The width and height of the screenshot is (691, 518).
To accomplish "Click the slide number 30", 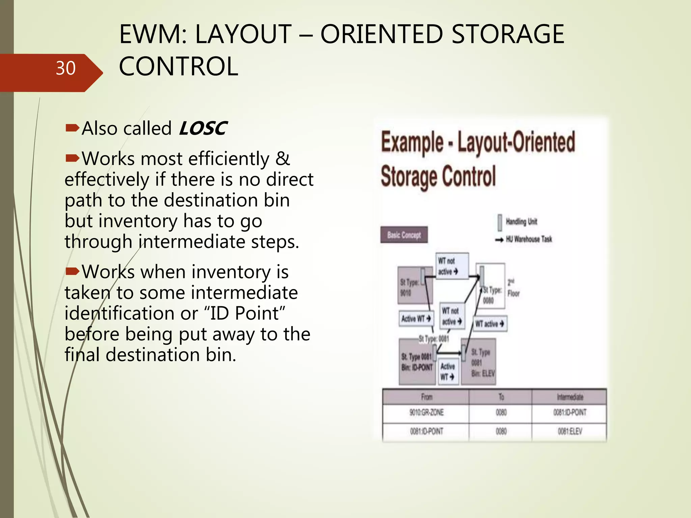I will [x=65, y=68].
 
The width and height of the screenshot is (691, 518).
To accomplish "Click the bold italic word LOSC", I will [x=203, y=128].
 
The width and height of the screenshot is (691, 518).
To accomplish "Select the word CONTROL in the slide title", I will [x=178, y=66].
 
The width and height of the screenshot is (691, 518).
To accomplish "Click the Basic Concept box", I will [x=404, y=235].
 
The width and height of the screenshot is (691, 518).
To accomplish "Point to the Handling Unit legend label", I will [x=521, y=222].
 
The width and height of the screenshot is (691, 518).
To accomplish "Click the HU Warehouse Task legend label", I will [x=529, y=239].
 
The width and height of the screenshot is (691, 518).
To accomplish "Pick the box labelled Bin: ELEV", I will [x=479, y=363].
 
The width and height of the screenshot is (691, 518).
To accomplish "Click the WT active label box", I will [x=490, y=324].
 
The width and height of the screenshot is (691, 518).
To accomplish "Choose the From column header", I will [x=426, y=397].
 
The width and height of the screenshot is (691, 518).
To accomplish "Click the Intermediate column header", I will [x=570, y=397].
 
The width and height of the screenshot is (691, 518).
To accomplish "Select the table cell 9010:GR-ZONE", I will [x=426, y=412].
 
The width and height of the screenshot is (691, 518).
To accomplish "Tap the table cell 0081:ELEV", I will [x=570, y=431].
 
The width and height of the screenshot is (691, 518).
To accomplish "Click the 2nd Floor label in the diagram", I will [x=513, y=288].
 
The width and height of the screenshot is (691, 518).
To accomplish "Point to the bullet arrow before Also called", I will [x=72, y=128].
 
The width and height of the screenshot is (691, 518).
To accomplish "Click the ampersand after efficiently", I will [x=283, y=159].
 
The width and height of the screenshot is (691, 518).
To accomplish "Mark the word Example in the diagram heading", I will [x=412, y=143].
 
